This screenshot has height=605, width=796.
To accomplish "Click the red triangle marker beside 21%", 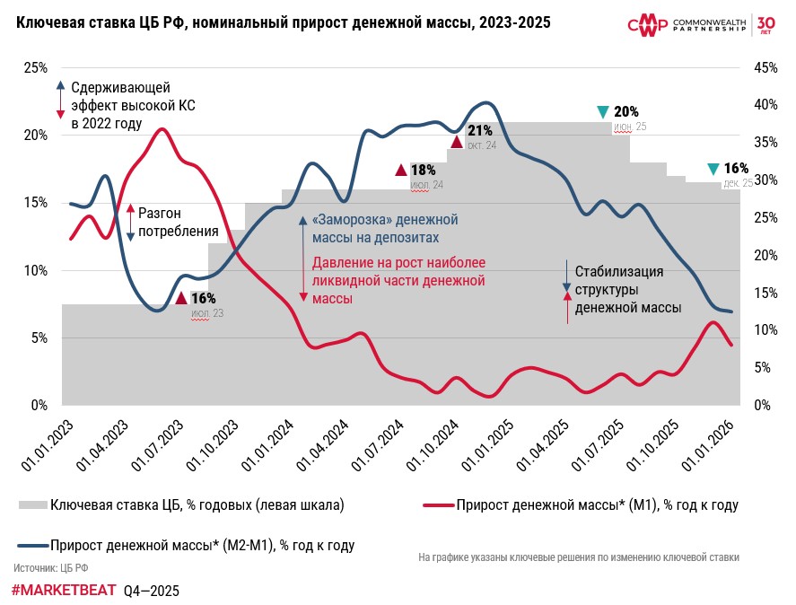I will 456,141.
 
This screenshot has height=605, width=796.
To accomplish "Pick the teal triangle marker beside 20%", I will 603,112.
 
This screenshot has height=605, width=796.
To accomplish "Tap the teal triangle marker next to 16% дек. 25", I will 713,169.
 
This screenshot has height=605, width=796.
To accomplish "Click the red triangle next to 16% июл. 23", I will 180,298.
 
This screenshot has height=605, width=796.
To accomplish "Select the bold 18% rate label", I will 423,170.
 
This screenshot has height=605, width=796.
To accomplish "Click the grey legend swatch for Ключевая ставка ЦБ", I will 32,505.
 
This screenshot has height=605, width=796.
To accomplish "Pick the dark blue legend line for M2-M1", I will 32,545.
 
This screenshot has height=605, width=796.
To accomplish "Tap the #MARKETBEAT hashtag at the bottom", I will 64,591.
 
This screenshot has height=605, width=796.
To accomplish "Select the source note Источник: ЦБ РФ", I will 50,568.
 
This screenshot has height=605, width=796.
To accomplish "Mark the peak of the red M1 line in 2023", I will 162,129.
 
